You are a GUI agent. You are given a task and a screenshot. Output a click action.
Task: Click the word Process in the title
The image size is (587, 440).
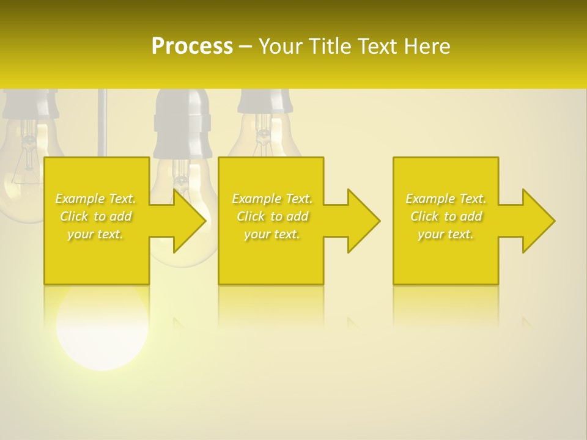tap(192, 46)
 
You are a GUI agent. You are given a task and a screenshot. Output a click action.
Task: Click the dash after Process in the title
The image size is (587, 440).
tap(246, 47)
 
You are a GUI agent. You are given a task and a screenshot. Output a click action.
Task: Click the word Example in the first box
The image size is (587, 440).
tap(79, 199)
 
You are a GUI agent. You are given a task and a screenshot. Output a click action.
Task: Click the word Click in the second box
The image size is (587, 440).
tap(249, 216)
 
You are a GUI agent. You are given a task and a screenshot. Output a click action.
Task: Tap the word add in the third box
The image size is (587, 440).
tap(471, 216)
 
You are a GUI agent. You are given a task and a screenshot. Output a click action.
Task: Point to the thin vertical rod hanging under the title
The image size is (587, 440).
tap(102, 122)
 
